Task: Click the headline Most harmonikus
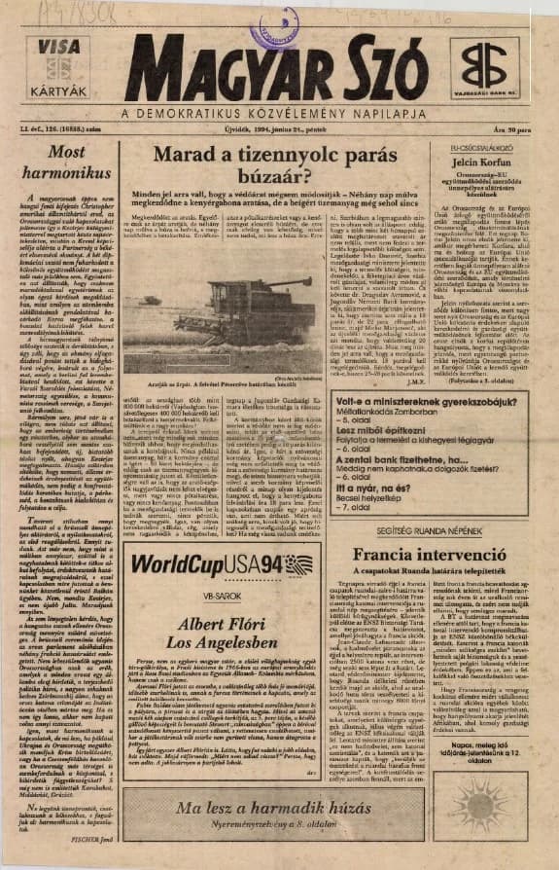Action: (x=67, y=162)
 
